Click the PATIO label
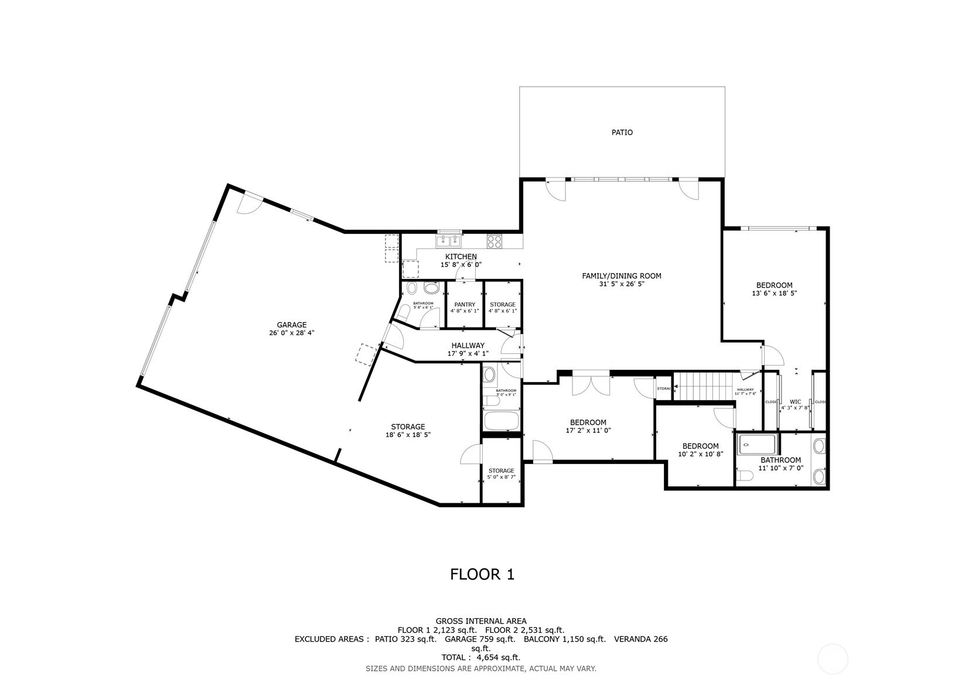click(622, 132)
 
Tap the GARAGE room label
click(291, 325)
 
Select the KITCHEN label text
click(461, 257)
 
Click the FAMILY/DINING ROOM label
click(621, 276)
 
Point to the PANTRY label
click(465, 305)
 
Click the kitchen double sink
click(449, 240)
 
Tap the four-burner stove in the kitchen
click(495, 241)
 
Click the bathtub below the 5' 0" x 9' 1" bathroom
click(501, 421)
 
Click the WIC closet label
click(795, 402)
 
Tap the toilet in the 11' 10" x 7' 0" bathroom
click(745, 476)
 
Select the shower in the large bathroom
click(756, 445)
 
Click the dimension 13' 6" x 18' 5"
click(774, 293)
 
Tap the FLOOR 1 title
click(482, 574)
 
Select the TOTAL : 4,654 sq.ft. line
click(480, 657)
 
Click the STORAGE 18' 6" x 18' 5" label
click(408, 431)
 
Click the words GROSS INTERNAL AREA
click(480, 621)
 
